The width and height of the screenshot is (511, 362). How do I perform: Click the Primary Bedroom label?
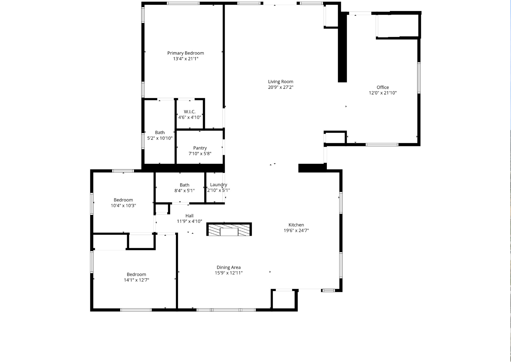(185, 53)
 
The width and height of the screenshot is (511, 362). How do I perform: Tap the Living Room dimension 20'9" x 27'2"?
(281, 87)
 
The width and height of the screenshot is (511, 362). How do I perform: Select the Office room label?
(383, 87)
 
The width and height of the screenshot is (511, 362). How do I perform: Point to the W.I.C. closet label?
(190, 112)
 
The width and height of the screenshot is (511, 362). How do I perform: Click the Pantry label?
(200, 148)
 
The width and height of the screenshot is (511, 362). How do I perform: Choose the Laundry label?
(218, 185)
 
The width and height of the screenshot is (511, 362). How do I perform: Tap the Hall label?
(189, 216)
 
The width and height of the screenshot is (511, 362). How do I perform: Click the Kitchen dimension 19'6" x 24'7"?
(296, 230)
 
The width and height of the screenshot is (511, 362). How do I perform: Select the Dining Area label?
(229, 267)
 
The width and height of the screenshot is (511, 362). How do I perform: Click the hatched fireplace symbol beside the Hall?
(229, 229)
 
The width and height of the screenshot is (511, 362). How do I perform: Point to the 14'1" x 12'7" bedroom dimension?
(137, 280)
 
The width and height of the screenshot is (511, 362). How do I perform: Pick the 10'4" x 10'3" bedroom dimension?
(123, 206)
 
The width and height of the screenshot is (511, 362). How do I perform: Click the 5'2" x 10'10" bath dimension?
(160, 138)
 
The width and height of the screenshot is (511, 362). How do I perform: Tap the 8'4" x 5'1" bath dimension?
(184, 191)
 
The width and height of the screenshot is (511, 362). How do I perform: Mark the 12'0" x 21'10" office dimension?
(383, 93)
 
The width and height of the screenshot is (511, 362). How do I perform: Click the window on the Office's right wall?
(419, 78)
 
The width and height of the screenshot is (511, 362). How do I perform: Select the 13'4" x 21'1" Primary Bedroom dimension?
(185, 59)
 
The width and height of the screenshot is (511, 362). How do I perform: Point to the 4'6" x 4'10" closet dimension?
(190, 117)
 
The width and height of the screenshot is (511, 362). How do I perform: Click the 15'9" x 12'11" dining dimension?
(229, 273)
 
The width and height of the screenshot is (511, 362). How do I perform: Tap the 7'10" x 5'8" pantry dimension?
(200, 154)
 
